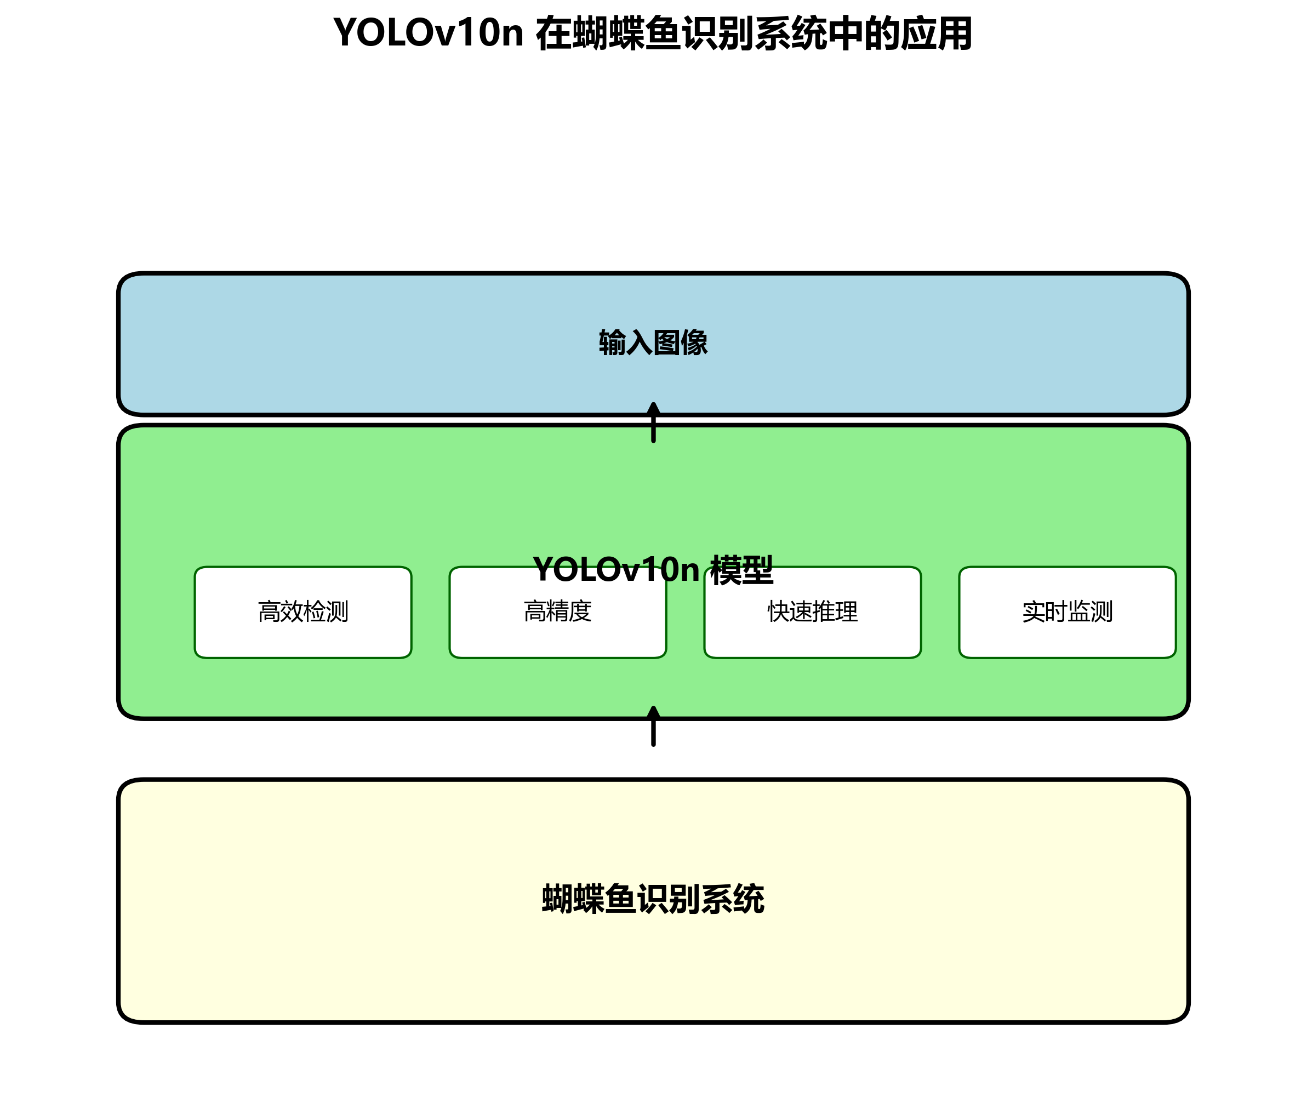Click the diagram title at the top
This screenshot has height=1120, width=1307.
pyautogui.click(x=653, y=33)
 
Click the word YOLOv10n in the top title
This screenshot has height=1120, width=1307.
pyautogui.click(x=429, y=33)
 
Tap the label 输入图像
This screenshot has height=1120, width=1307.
pyautogui.click(x=653, y=343)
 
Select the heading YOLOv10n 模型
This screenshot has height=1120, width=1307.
pyautogui.click(x=653, y=570)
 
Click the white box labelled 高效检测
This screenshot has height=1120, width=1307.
pyautogui.click(x=303, y=637)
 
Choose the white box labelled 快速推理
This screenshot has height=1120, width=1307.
pyautogui.click(x=813, y=637)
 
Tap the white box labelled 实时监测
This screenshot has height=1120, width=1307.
pyautogui.click(x=1068, y=637)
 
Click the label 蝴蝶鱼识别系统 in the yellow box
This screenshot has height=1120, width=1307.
pyautogui.click(x=653, y=899)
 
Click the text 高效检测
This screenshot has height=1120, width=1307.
pyautogui.click(x=303, y=612)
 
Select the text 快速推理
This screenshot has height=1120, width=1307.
pyautogui.click(x=813, y=612)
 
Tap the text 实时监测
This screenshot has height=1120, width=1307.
pyautogui.click(x=1068, y=612)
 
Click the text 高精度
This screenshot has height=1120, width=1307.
pyautogui.click(x=558, y=611)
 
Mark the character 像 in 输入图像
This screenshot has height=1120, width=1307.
pyautogui.click(x=694, y=343)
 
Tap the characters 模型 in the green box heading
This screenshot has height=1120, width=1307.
pyautogui.click(x=742, y=570)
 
